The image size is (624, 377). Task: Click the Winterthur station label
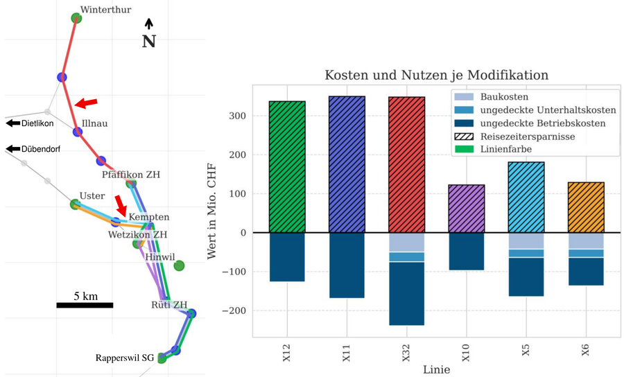pos(106,10)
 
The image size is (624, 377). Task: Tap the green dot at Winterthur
pos(77,17)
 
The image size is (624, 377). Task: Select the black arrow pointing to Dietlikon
pos(12,123)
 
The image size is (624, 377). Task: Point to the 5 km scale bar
pos(85,304)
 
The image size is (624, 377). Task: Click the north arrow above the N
pos(148,24)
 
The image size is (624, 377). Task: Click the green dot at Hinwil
pos(179,265)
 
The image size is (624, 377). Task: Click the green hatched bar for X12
pos(287,167)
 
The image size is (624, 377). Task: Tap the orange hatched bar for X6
pos(586,207)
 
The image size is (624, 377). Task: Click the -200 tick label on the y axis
pos(234,311)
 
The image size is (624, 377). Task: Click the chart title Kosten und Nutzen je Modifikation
pos(436,75)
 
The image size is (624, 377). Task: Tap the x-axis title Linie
pos(436,370)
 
